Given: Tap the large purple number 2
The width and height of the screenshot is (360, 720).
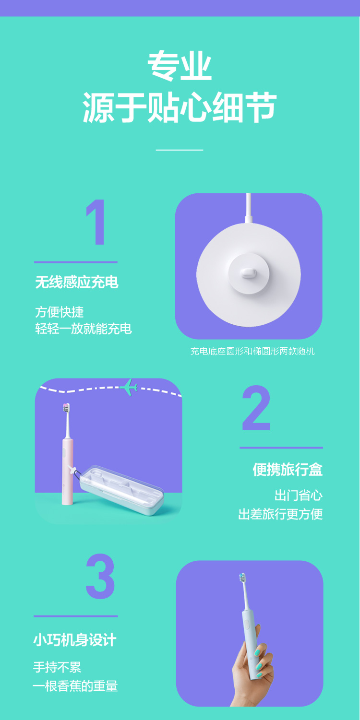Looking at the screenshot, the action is (x=256, y=407).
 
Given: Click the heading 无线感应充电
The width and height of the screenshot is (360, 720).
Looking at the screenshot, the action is (x=77, y=282).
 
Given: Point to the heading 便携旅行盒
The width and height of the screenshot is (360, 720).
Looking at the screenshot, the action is (x=288, y=469).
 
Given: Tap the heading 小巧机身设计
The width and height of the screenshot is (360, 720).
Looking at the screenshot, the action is (x=75, y=639).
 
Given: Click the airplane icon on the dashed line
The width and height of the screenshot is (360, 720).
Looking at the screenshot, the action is (x=129, y=387).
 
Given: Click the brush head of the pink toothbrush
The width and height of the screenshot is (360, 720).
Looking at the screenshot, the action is (x=66, y=408).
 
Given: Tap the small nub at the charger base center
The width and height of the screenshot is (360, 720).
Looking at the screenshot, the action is (x=248, y=273).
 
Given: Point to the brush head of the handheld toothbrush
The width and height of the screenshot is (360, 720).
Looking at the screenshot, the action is (x=242, y=578).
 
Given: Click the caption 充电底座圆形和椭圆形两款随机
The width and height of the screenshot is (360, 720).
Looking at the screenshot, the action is (x=252, y=351).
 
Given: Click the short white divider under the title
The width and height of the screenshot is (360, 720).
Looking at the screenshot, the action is (x=180, y=150).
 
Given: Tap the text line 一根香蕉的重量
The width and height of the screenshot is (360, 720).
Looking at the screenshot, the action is (x=75, y=686).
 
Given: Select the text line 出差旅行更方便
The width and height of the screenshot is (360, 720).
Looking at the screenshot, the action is (x=280, y=514).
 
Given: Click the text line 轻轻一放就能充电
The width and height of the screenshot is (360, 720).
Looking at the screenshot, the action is (x=84, y=329).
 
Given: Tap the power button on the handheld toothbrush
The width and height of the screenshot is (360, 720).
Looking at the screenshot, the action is (x=247, y=624).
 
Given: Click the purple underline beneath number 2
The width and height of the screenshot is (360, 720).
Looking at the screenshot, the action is (x=281, y=448).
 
